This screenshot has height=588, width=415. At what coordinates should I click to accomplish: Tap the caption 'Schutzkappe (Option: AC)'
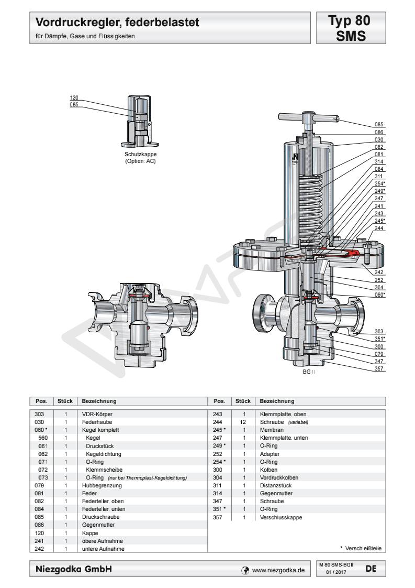[x=140, y=158]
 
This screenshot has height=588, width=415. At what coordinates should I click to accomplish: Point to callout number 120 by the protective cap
[x=74, y=98]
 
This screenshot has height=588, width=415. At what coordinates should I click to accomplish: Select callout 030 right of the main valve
[x=379, y=140]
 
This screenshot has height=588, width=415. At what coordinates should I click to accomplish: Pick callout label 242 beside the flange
[x=379, y=273]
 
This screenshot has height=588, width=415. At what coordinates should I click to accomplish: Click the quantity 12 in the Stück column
[x=243, y=421]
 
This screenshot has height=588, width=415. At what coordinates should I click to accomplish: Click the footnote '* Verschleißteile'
[x=361, y=548]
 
